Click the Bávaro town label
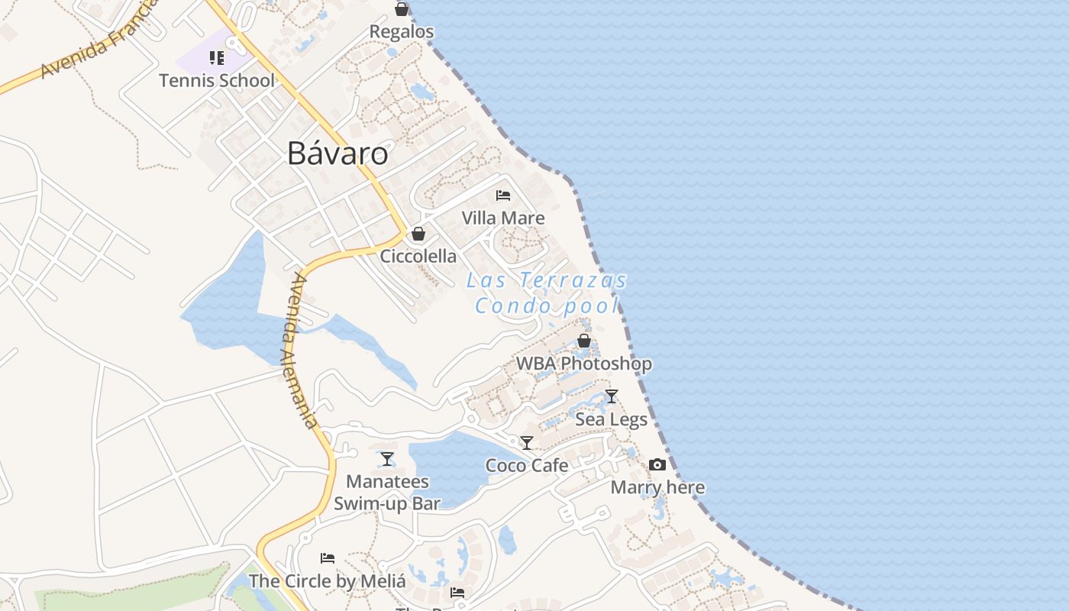[337, 154]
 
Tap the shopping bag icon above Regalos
[401, 9]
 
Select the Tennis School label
[217, 80]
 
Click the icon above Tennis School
[217, 58]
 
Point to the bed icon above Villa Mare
[502, 196]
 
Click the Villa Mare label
[502, 218]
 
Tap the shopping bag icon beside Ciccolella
[418, 234]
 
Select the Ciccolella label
[418, 256]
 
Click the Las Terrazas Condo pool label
[547, 293]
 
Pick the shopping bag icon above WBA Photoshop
[584, 341]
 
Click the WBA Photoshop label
[584, 364]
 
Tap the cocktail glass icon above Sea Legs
[611, 396]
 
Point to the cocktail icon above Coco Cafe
[527, 443]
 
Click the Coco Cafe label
[527, 465]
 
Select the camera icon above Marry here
[657, 464]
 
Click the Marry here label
[657, 487]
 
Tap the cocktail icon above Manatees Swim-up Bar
[387, 459]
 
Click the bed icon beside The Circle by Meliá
[328, 558]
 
